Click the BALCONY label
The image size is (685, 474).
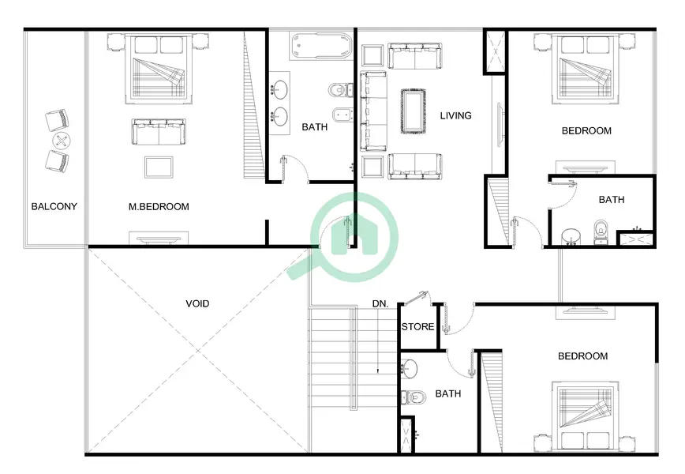click(54, 206)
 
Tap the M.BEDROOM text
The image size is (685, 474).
click(159, 206)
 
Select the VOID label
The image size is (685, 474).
click(197, 303)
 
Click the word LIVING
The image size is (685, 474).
click(455, 115)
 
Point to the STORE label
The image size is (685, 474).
click(417, 326)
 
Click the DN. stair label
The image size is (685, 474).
click(380, 303)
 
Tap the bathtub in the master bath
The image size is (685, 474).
click(321, 46)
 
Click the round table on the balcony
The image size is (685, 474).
click(62, 141)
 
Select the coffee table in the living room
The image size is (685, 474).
click(414, 111)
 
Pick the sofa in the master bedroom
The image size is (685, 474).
click(159, 132)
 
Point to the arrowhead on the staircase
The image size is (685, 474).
click(378, 371)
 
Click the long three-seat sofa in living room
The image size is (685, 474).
click(373, 111)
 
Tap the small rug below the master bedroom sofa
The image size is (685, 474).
click(159, 167)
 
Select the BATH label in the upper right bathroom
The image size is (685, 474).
click(612, 200)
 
